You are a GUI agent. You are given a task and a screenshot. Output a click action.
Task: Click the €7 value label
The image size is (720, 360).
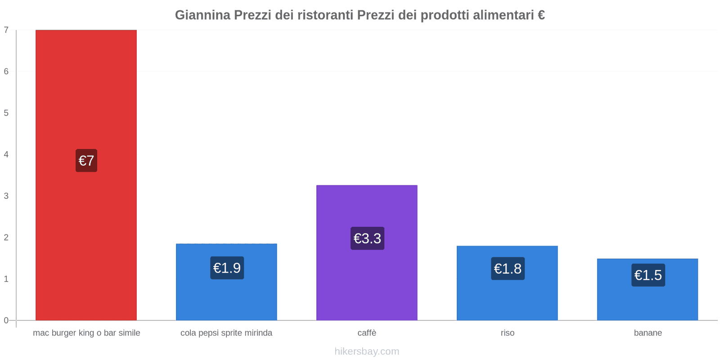pyautogui.click(x=86, y=161)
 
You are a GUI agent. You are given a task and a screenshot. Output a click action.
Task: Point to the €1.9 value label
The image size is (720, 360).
pyautogui.click(x=227, y=268)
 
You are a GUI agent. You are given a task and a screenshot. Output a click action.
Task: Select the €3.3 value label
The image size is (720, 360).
pyautogui.click(x=367, y=238)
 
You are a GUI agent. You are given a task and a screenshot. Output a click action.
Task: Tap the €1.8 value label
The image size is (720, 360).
pyautogui.click(x=508, y=269)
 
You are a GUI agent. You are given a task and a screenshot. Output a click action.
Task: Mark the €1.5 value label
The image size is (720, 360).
pyautogui.click(x=648, y=275)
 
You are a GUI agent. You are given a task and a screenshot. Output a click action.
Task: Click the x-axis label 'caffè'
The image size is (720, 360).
pyautogui.click(x=367, y=333)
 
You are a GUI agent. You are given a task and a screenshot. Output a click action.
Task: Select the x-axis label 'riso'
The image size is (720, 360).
pyautogui.click(x=507, y=333)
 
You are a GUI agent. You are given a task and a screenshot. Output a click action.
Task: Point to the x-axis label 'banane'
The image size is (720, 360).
pyautogui.click(x=648, y=333)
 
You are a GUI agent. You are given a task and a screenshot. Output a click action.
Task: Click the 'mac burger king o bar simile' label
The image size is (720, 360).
pyautogui.click(x=86, y=333)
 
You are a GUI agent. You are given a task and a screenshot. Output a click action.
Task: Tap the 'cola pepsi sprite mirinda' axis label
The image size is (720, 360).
pyautogui.click(x=226, y=333)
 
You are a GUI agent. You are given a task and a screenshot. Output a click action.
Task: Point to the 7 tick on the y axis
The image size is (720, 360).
pyautogui.click(x=6, y=30)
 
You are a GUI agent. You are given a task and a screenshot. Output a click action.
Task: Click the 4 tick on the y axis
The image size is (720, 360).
pyautogui.click(x=6, y=154)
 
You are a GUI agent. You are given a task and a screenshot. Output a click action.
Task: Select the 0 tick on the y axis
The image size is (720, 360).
pyautogui.click(x=6, y=320)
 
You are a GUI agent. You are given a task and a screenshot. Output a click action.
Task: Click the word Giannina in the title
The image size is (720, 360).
pyautogui.click(x=202, y=15)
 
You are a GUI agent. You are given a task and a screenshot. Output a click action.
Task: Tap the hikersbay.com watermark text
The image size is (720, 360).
pyautogui.click(x=367, y=351)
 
